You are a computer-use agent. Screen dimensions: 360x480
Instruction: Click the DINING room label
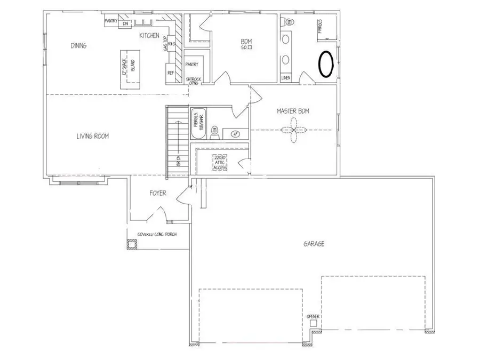point(78,45)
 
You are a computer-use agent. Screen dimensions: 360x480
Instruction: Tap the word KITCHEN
point(149,35)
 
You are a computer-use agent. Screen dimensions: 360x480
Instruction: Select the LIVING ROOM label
point(92,136)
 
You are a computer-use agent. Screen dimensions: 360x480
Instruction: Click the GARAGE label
point(314,244)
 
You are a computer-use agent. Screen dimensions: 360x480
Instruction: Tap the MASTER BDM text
point(293,111)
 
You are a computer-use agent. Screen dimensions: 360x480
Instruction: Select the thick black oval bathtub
point(325,64)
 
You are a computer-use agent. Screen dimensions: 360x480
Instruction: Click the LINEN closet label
point(286,78)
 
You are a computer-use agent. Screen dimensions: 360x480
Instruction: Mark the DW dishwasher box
point(126,23)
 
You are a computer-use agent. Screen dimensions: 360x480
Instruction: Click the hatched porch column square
point(131,244)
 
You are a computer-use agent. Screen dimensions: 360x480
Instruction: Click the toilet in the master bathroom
point(290,22)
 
